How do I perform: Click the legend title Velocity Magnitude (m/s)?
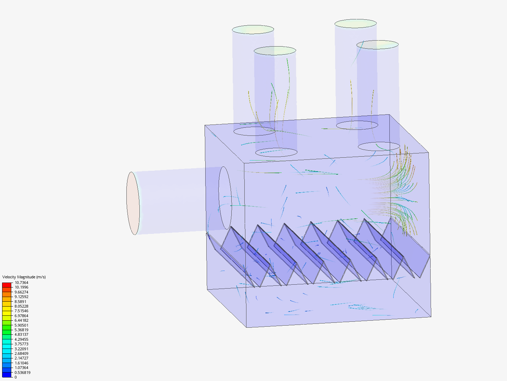pos(24,277)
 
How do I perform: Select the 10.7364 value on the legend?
pos(21,283)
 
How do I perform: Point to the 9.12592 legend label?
pos(21,297)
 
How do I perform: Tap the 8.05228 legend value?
pos(21,306)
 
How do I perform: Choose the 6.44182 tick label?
pos(21,320)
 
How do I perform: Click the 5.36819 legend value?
pos(21,330)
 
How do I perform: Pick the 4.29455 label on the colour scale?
pos(21,339)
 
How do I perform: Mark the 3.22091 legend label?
pos(21,349)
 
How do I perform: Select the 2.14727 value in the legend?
pos(21,358)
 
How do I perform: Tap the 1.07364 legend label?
pos(21,368)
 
